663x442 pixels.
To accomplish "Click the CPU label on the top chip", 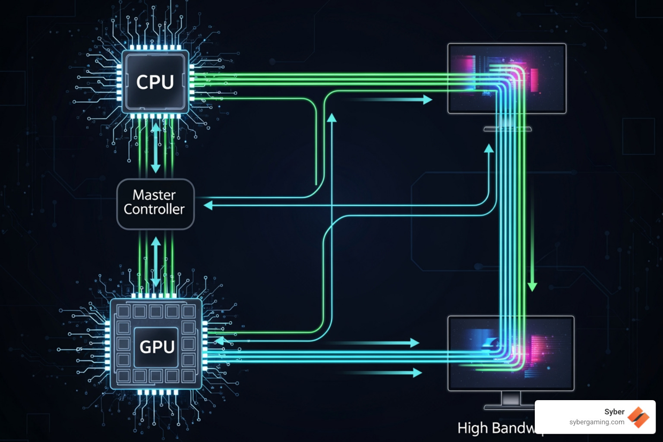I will (x=155, y=82).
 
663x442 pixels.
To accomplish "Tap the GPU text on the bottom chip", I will (x=157, y=347).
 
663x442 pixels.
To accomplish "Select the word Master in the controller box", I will (x=154, y=195).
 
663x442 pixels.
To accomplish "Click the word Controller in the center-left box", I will (x=154, y=209).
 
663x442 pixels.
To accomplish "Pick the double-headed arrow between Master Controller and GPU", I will (x=156, y=262).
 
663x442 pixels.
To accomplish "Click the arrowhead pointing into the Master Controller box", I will (x=208, y=205).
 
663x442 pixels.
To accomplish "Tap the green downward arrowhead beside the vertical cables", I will (x=532, y=286).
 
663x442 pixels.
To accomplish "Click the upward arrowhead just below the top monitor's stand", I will (x=489, y=149).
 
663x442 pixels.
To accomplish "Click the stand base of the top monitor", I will (x=508, y=129).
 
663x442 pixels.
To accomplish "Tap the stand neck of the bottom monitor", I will (x=510, y=398).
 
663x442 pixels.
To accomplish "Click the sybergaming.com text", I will (x=597, y=422).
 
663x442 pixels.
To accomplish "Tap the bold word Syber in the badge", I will (x=614, y=412).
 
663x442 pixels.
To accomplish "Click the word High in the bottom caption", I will (x=472, y=428).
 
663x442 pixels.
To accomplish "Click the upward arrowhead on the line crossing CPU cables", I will (x=331, y=118).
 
